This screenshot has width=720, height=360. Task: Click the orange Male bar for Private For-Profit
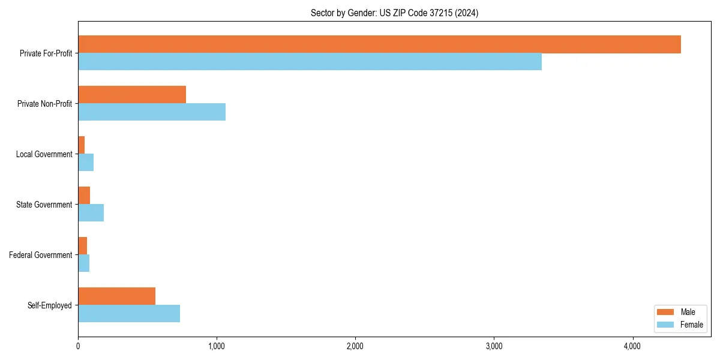(379, 44)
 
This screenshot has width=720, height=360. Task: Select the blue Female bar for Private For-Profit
(310, 62)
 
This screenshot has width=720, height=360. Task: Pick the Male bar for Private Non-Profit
(132, 95)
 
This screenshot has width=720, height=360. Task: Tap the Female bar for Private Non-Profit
(152, 112)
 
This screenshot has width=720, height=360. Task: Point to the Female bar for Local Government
(86, 163)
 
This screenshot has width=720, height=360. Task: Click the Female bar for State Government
(91, 213)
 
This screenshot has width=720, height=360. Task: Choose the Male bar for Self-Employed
(116, 296)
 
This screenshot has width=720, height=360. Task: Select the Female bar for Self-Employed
(129, 314)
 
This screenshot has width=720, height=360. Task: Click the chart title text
(394, 13)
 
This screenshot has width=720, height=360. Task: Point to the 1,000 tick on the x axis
(217, 347)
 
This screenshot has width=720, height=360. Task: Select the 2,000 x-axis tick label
(355, 347)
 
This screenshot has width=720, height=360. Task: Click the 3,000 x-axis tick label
(494, 347)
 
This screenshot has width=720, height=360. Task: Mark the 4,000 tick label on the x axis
(632, 347)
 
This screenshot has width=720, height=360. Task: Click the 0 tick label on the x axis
(78, 347)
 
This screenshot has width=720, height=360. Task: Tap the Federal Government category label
(41, 255)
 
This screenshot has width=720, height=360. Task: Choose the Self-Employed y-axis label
(50, 305)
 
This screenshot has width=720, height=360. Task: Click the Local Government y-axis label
(44, 154)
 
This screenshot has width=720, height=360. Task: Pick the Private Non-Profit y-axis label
(44, 104)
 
